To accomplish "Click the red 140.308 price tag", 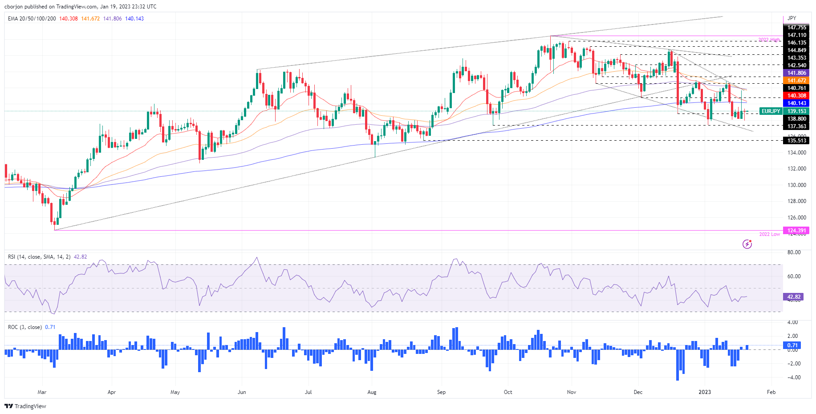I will (796, 96).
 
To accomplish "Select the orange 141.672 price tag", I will (796, 81).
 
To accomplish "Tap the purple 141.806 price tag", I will (796, 73).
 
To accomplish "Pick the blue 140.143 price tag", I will (796, 103).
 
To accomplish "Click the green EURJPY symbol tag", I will (771, 111).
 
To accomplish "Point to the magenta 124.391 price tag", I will (796, 231).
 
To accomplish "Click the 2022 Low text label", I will (769, 234).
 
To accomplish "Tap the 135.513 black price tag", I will (796, 141).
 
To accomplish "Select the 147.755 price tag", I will (796, 28).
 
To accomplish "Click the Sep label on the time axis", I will (441, 392).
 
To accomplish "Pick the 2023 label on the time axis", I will (705, 392).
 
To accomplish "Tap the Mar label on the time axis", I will (42, 392).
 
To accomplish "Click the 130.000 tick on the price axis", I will (796, 185).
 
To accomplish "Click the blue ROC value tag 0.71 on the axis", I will (792, 345).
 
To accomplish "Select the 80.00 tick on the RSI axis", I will (794, 252).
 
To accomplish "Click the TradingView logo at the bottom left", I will (25, 406).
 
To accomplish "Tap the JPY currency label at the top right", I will (792, 18).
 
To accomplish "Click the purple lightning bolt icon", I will (747, 244).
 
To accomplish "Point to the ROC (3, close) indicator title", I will (25, 327).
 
